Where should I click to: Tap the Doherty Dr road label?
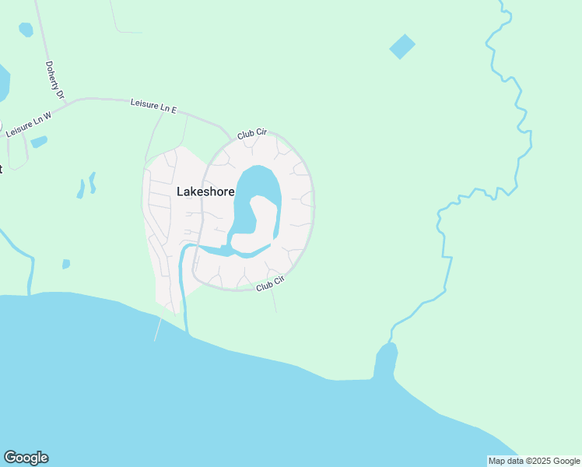(x=54, y=80)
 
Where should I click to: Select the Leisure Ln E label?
(x=153, y=104)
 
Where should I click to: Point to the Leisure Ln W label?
(x=28, y=125)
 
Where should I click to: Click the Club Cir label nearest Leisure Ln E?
(x=252, y=135)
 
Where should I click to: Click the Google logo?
(x=26, y=458)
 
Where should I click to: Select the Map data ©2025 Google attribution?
(x=534, y=461)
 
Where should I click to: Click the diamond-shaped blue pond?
(x=402, y=47)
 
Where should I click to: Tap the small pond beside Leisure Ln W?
(x=39, y=142)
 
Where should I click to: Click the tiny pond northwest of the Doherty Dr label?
(x=26, y=30)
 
